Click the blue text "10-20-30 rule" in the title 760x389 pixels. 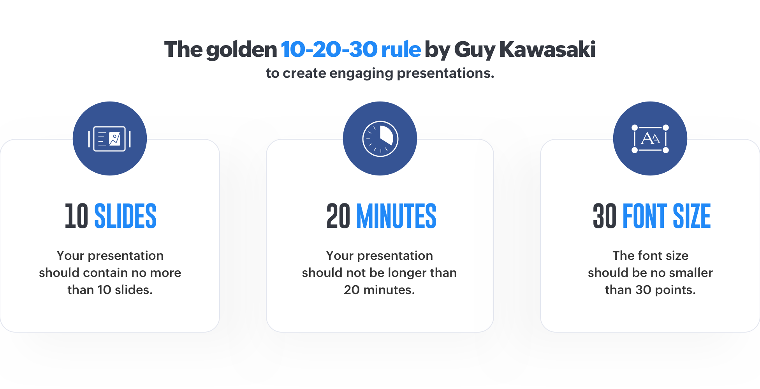click(x=351, y=49)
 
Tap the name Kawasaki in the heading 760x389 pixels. click(x=547, y=49)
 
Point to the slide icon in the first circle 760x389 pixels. click(x=109, y=139)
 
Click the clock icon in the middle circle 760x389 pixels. click(x=380, y=139)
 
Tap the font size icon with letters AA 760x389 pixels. click(x=650, y=139)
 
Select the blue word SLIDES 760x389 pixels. click(x=125, y=216)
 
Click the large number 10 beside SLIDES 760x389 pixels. click(x=76, y=216)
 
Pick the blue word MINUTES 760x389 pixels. click(x=396, y=216)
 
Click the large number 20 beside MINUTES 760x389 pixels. click(x=338, y=216)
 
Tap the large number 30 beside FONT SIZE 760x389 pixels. click(x=605, y=216)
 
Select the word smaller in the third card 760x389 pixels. click(x=691, y=273)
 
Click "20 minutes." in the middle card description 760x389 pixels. click(x=380, y=290)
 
